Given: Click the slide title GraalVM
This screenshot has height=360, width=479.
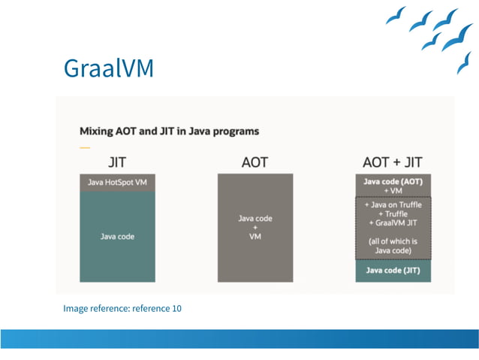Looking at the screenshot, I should point(109,68).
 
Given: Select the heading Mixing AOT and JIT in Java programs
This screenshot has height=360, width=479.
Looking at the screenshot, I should point(169,131).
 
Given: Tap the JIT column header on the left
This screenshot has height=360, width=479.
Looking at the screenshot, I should point(117,162).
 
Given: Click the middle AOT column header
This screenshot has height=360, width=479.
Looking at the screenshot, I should point(255,162).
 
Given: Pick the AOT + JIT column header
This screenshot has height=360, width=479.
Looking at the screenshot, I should point(392,162).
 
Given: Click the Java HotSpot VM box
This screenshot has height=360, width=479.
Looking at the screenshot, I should point(117,183).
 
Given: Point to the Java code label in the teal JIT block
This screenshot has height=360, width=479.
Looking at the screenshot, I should point(117,236).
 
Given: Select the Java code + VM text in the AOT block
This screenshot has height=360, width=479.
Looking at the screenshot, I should point(255,226).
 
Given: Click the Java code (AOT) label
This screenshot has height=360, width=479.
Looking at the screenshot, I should point(393,181).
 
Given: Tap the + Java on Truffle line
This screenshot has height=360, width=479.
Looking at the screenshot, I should point(393,204).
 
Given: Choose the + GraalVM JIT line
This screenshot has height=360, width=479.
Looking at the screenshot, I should point(393,223).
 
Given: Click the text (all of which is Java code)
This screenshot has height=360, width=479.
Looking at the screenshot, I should point(393,246).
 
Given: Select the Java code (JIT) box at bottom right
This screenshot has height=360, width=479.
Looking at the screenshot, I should point(393,270).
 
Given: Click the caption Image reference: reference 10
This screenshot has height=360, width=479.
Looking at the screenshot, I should point(122,308).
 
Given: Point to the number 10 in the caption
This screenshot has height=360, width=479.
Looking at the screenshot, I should point(176,308).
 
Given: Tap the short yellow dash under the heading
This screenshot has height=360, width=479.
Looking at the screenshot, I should point(83,147).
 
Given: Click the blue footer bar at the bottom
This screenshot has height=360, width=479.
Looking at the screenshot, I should point(239,338).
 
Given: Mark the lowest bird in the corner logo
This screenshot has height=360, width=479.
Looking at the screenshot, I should point(464,63).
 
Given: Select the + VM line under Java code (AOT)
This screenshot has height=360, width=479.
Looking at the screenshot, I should point(393,190).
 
